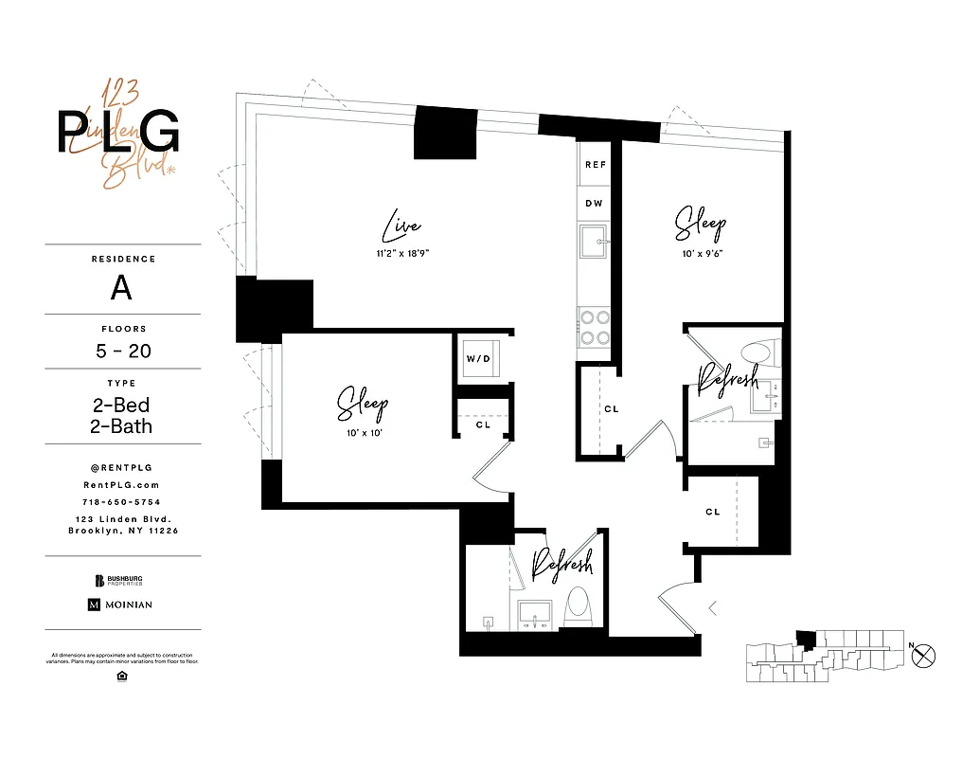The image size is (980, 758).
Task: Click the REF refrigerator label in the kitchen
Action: click(x=595, y=164)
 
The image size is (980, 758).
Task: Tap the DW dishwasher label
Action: click(x=595, y=204)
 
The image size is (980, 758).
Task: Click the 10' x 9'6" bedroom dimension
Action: click(x=701, y=253)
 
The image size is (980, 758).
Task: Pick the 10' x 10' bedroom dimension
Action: click(x=363, y=432)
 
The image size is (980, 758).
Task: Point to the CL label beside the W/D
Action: click(x=483, y=424)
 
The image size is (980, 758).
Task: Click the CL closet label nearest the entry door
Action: click(x=713, y=512)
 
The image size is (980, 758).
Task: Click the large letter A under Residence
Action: click(x=121, y=288)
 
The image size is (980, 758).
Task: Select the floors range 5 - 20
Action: click(x=123, y=351)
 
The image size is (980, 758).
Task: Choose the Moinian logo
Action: click(x=120, y=605)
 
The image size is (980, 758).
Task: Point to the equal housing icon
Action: click(x=122, y=675)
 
